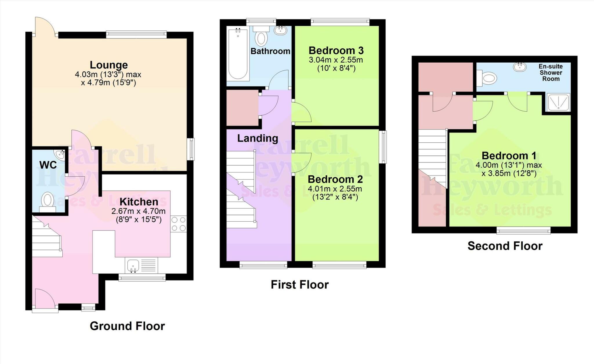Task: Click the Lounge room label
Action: tap(108, 65)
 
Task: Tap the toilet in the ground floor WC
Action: tap(48, 201)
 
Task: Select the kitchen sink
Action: tap(133, 265)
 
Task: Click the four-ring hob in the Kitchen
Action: tap(178, 224)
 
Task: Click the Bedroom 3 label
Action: tap(336, 51)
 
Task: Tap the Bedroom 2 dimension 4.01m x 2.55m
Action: tap(335, 189)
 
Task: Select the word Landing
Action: tap(258, 138)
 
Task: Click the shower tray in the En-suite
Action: tap(558, 102)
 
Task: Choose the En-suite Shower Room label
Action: tap(550, 73)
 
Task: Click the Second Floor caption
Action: tap(505, 246)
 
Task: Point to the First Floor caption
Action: tap(300, 285)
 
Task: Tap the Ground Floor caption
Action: tap(127, 326)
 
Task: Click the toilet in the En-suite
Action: tap(487, 78)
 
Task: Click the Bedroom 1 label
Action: tap(509, 156)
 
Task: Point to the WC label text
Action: tap(48, 165)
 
